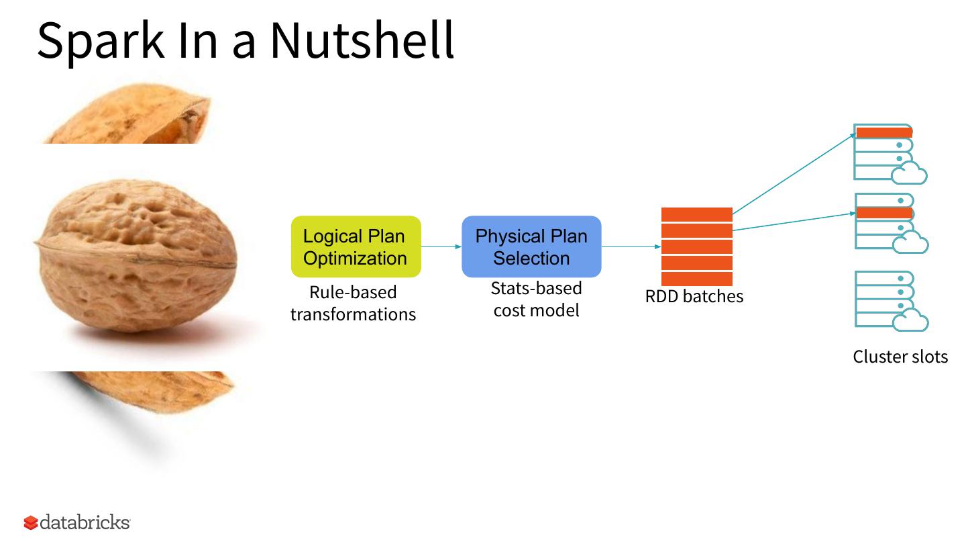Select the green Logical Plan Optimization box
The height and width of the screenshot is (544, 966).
click(356, 246)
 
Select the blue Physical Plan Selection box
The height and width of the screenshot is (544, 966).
click(531, 246)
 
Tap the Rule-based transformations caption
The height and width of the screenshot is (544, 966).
click(353, 303)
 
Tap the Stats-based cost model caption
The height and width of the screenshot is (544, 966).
click(536, 299)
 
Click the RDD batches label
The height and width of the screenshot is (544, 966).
click(694, 296)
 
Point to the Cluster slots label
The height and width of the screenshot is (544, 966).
click(900, 357)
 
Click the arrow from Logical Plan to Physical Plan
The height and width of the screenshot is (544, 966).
click(441, 246)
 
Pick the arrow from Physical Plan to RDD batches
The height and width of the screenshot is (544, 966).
click(631, 246)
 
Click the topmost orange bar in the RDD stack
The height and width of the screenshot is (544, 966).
click(696, 214)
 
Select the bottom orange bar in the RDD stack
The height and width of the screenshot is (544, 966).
click(696, 279)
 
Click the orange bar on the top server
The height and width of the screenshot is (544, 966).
click(884, 132)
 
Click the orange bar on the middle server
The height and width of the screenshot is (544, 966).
click(884, 213)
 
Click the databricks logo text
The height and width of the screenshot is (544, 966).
click(85, 523)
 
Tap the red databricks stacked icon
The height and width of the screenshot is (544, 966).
click(31, 523)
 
